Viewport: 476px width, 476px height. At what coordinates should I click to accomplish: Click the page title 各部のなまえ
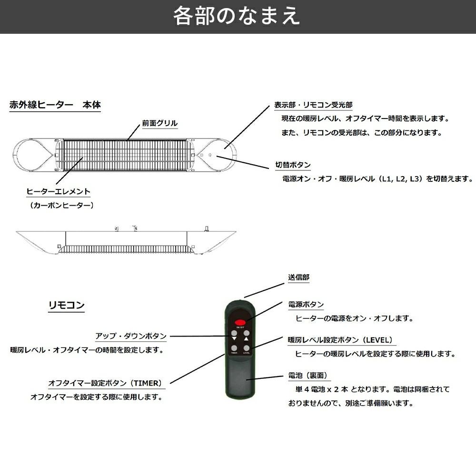(x=237, y=16)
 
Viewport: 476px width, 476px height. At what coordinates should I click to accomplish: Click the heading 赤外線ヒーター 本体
(x=55, y=105)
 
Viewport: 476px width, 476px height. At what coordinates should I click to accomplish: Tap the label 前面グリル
(x=159, y=123)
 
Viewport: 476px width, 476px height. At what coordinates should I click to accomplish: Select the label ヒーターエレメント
(x=58, y=192)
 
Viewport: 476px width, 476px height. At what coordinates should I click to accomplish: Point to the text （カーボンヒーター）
(x=60, y=205)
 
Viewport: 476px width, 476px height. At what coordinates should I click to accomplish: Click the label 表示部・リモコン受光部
(x=313, y=105)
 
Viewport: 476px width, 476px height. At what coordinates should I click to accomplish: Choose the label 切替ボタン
(x=293, y=165)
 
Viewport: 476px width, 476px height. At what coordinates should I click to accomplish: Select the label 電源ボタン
(x=306, y=305)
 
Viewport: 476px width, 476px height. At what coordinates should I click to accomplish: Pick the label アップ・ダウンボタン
(x=130, y=336)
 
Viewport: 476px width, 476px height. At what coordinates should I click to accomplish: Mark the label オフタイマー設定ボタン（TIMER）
(x=105, y=383)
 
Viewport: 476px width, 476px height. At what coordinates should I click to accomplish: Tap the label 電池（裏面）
(x=307, y=376)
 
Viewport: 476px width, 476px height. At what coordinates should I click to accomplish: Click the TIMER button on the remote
(x=234, y=347)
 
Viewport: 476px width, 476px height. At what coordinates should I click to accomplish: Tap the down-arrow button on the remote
(x=234, y=334)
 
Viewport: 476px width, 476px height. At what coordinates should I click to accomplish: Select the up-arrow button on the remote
(x=247, y=334)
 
